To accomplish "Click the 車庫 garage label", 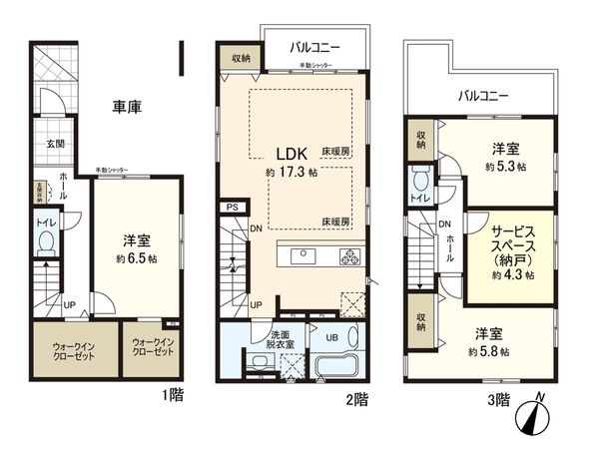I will point(126,106).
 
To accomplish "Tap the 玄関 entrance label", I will point(55,144).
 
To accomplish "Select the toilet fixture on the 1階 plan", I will point(45,244).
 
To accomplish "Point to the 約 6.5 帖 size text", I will point(136,257).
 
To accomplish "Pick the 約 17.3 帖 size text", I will point(292,173).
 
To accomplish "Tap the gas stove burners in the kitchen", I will point(351,255).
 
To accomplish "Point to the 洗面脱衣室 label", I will point(281,341).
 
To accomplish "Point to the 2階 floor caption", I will point(358,400).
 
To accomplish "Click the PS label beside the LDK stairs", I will point(232,208).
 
